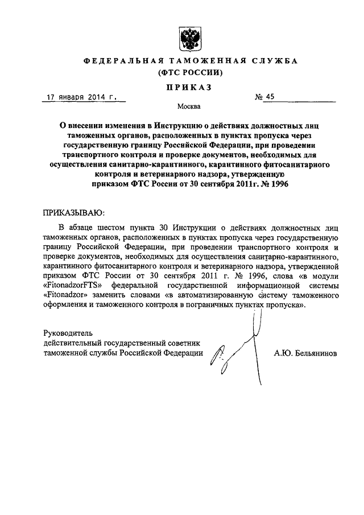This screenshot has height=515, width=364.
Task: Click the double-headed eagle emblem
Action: [184, 38]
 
